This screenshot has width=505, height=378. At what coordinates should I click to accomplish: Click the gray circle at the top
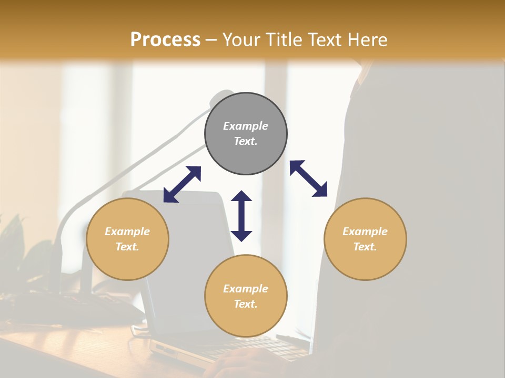coord(246,134)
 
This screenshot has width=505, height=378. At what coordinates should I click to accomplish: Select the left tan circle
coord(127,239)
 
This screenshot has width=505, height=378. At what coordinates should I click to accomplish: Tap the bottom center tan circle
coord(246,296)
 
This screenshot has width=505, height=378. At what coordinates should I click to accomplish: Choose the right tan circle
coord(365,239)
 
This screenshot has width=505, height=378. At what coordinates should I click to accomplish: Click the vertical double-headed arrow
coord(241,216)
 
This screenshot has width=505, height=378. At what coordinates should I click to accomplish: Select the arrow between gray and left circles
coord(182,184)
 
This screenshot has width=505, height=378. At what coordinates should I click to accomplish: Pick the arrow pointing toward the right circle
coord(308,178)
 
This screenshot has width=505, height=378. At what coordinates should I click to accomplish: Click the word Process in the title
coord(165,40)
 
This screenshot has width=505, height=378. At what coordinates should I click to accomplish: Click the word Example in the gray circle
coord(246,126)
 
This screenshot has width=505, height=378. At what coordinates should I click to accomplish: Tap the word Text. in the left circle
coord(127,247)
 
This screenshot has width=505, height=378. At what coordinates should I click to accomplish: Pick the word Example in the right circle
coord(365,232)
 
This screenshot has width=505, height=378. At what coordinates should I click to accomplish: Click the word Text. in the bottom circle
coord(246,304)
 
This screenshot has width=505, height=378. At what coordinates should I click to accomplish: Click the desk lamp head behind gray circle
coord(221,97)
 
